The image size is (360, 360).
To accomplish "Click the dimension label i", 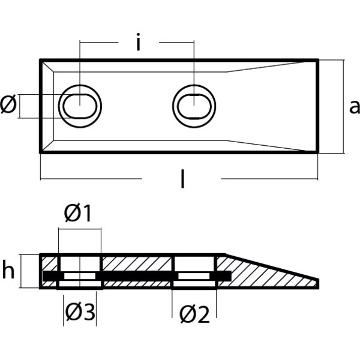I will click(138, 44).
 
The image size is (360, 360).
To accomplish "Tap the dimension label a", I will click(354, 107).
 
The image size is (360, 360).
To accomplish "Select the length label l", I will click(182, 179).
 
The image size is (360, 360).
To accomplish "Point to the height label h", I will click(8, 271).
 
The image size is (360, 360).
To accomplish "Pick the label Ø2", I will click(195, 314).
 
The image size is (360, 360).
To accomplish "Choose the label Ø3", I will click(80, 313).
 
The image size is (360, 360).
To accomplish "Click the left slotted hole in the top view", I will click(79, 107).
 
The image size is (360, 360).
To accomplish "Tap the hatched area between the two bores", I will click(138, 263).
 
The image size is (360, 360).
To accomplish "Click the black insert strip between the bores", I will click(138, 275).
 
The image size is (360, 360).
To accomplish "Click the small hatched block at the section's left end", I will click(49, 263).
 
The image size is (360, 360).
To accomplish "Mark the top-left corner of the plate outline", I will click(41, 60).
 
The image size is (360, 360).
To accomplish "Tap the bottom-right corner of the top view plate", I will click(317, 152).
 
